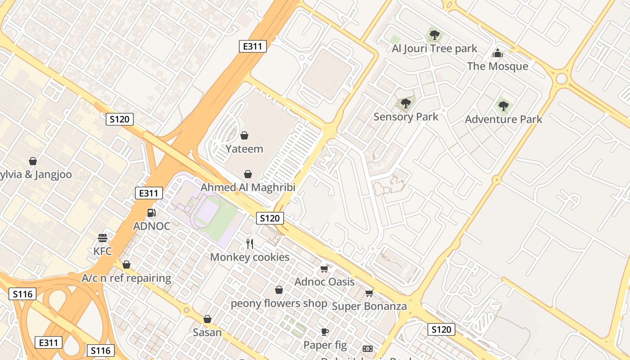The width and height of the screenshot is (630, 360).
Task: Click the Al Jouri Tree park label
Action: coord(434,49)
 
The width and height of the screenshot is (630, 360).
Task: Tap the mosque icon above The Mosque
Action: coord(497,53)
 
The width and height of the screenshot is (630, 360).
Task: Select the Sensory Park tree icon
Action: coord(405,103)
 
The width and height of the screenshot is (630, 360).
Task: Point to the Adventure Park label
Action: coord(503,119)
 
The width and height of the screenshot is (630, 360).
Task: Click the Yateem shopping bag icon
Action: coord(244,135)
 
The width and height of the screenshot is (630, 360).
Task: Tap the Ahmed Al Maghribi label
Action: coord(247,187)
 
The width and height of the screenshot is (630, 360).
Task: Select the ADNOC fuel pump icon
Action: coord(152,212)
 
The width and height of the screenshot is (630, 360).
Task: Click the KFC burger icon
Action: coord(103,238)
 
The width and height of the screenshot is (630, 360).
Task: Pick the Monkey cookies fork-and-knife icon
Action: coord(250,244)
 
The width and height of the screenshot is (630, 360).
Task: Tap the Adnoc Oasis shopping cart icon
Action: coord(324,269)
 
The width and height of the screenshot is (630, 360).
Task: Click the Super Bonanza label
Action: coord(369,306)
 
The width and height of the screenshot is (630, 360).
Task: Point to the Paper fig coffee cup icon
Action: coord(325,332)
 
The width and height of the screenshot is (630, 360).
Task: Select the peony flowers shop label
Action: coord(279,303)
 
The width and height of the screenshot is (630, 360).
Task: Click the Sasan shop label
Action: coord(207,333)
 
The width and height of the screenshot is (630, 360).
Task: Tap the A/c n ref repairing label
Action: coord(126,278)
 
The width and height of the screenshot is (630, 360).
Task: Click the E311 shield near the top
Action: coord(252,46)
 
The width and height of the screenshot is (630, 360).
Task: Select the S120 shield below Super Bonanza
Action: coord(441,329)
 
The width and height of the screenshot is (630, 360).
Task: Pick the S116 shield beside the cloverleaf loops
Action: coord(22,294)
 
